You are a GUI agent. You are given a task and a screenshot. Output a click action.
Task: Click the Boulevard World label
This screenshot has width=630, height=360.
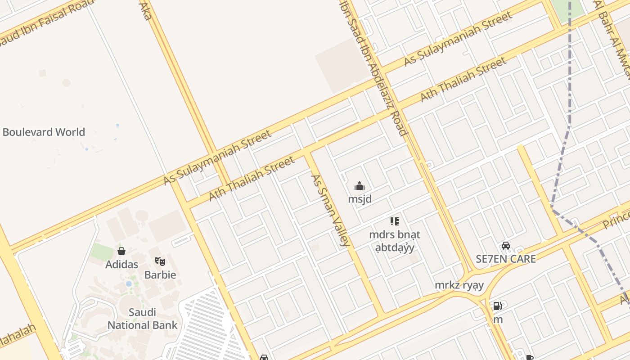[44, 132]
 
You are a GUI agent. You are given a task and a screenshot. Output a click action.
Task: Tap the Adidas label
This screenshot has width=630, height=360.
[121, 265]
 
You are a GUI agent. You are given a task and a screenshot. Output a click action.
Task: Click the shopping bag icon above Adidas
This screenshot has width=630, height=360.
[121, 251]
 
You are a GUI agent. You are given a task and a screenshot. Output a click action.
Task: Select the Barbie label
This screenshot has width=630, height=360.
[160, 274]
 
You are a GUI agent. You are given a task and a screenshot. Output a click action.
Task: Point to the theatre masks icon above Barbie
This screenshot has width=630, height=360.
[160, 261]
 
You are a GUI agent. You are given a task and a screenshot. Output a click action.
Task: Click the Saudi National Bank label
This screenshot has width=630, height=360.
[142, 319]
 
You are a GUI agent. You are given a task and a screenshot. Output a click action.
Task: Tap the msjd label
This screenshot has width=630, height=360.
[360, 199]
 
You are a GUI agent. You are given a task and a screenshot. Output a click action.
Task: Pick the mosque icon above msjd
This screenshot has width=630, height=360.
[360, 186]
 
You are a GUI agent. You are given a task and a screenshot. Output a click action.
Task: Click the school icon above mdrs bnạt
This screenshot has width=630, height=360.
[395, 221]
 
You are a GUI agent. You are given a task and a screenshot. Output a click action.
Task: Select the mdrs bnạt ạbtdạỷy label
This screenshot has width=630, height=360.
[395, 241]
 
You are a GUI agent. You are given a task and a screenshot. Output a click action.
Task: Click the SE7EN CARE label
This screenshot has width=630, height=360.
[506, 259]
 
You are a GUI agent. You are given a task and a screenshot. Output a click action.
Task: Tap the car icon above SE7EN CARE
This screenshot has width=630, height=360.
[506, 246]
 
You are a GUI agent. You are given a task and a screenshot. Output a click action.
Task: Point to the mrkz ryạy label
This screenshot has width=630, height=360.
[459, 285]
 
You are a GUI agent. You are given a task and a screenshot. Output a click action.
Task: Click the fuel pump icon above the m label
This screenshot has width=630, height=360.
[497, 306]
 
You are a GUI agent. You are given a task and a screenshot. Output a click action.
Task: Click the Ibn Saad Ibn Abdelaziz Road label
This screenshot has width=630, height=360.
[374, 67]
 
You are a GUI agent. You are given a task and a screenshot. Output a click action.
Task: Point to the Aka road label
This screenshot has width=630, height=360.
[145, 10]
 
